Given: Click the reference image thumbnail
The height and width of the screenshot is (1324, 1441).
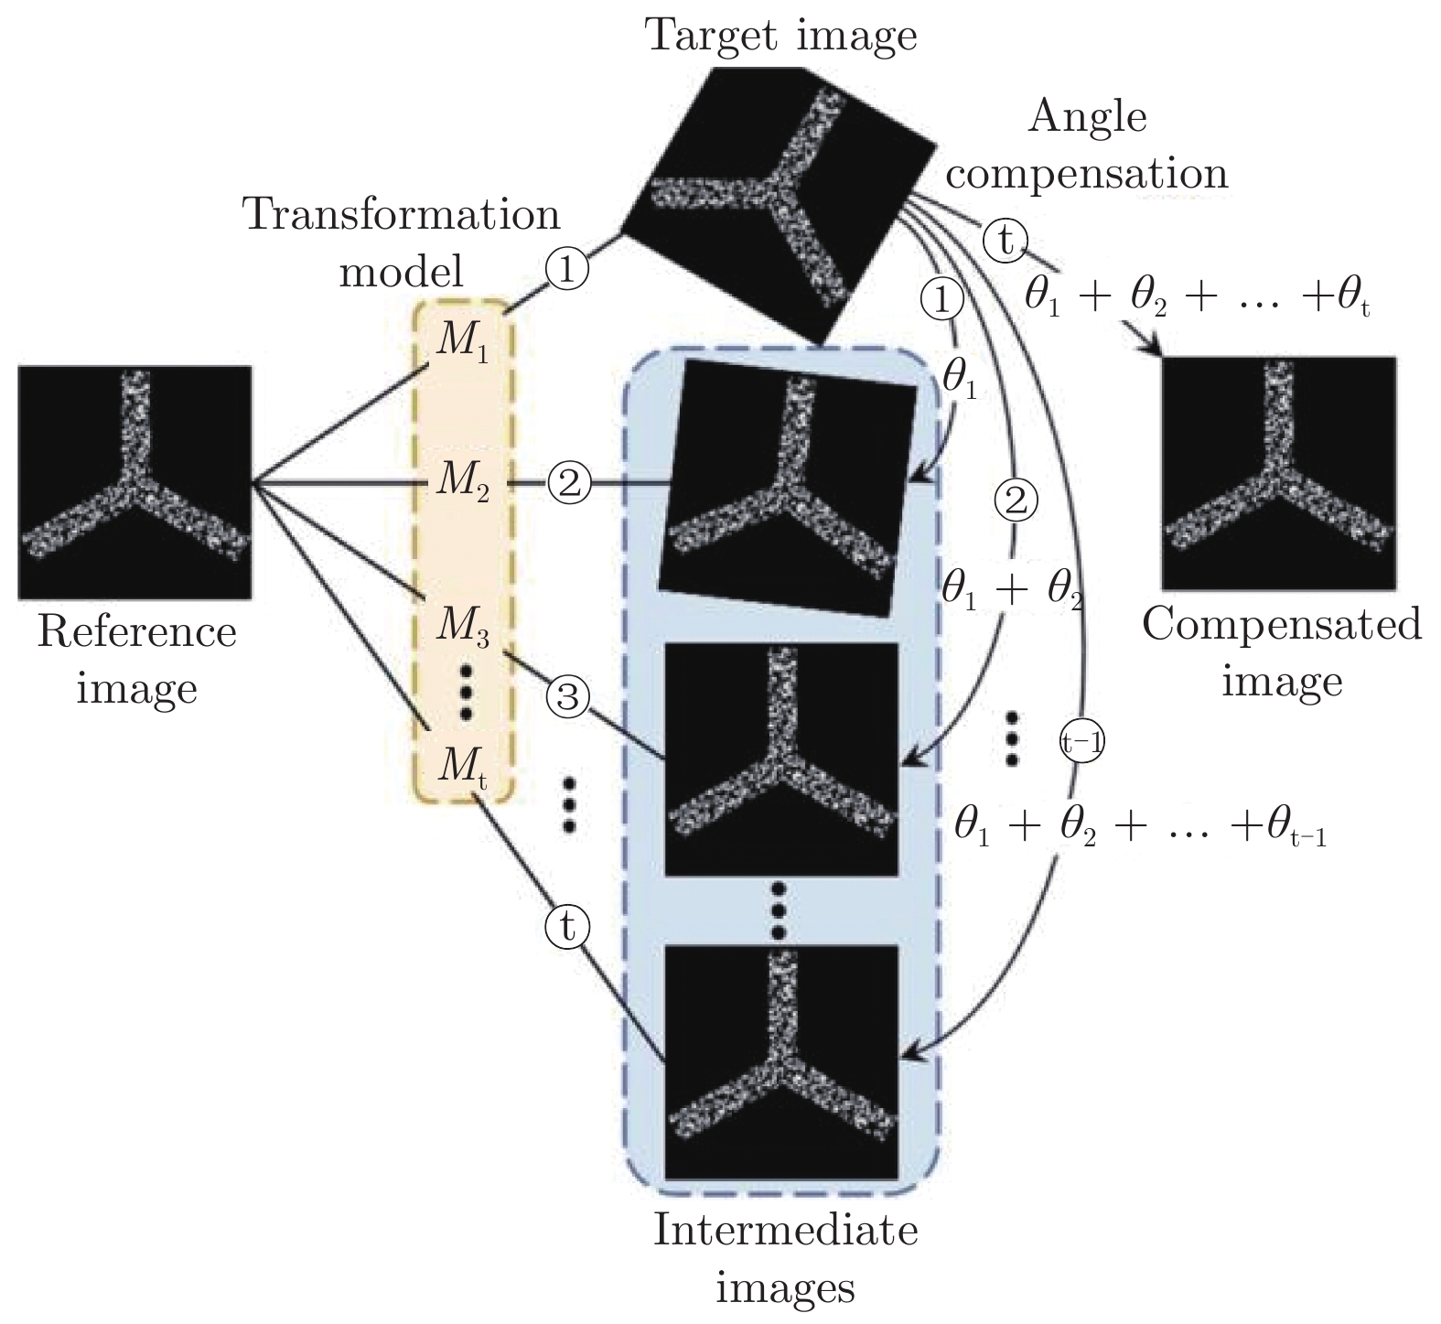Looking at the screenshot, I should [134, 481].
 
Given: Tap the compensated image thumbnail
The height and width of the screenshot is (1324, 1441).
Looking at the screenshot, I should [1278, 472].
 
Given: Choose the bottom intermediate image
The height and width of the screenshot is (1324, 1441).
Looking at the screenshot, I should [780, 1061].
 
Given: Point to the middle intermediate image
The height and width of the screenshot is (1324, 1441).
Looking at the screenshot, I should [780, 759].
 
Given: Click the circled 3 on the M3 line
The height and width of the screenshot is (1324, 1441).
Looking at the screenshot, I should [567, 698].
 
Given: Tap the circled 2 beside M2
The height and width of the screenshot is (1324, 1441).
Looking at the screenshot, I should [569, 483].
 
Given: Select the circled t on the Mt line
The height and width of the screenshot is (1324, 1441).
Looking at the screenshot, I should [567, 928].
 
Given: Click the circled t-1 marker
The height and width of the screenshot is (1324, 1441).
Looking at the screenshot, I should [1081, 745].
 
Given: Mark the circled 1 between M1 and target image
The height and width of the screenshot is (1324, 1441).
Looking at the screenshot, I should [566, 269].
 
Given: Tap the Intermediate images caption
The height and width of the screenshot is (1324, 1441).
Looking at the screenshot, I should [785, 1258].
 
